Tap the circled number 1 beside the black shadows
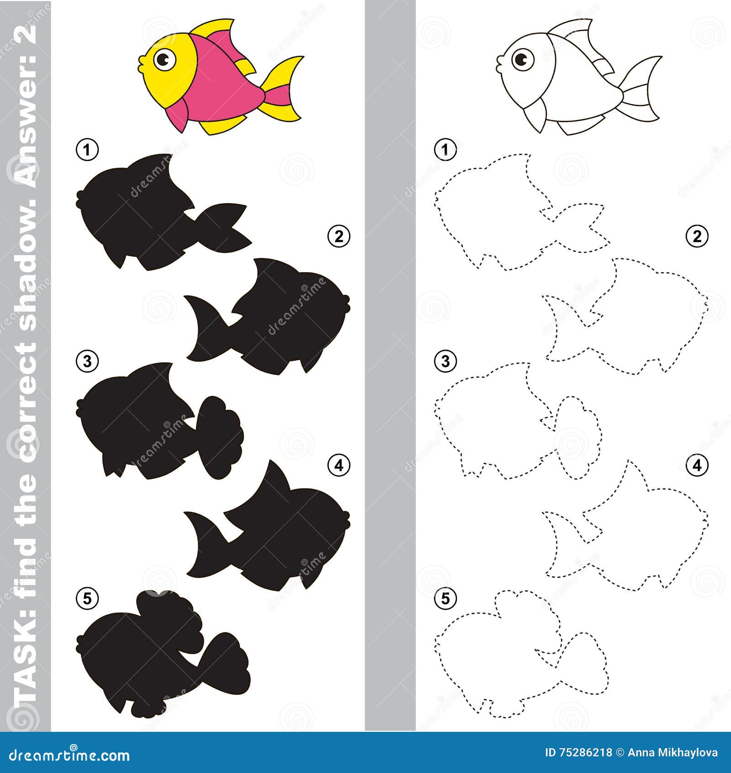[x=87, y=150]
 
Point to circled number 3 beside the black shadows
[x=87, y=361]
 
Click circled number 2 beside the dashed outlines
[x=697, y=236]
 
